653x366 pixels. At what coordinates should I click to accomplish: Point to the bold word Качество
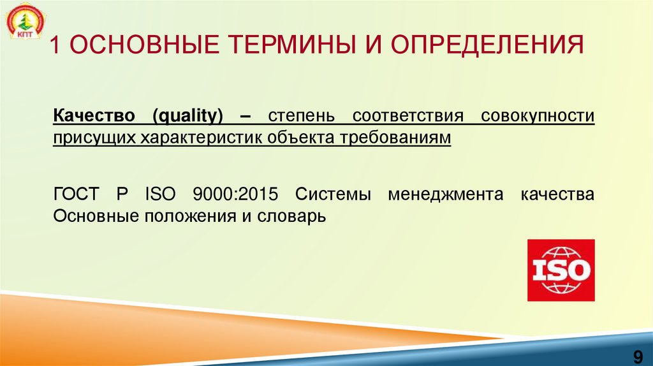click(x=94, y=117)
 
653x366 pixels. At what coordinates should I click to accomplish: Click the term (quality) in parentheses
click(x=188, y=117)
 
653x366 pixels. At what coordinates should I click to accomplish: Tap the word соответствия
click(x=407, y=117)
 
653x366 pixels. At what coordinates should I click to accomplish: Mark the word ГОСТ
click(x=75, y=194)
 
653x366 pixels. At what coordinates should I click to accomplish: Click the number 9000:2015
click(x=236, y=194)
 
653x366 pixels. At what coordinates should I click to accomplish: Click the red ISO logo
click(x=561, y=270)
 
